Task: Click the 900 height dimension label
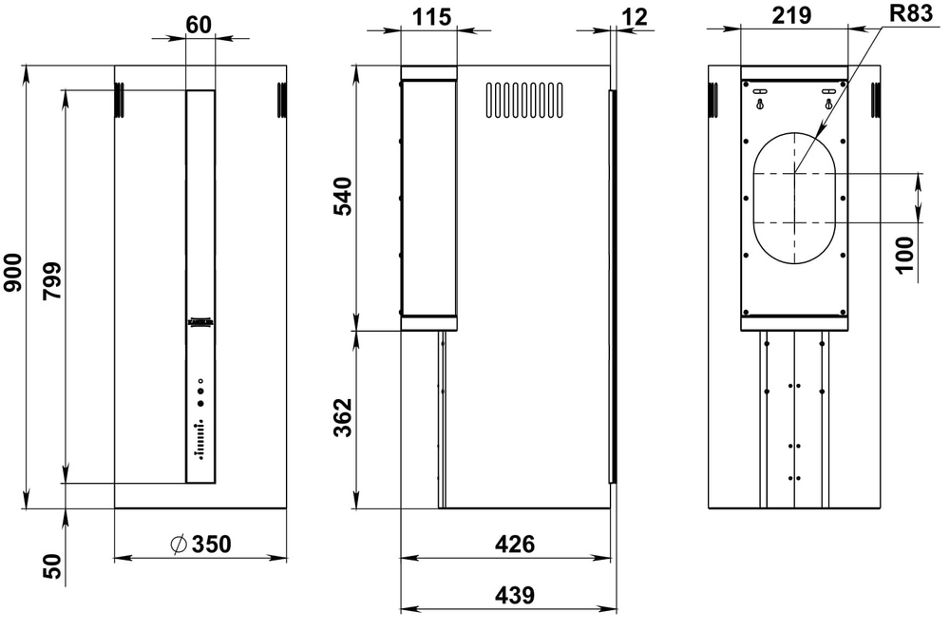coord(12,287)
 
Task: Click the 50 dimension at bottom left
coord(52,566)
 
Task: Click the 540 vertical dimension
coord(343,197)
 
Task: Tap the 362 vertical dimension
coord(343,418)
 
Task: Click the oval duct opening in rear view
coord(794,198)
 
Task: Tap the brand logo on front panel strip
coord(200,323)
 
